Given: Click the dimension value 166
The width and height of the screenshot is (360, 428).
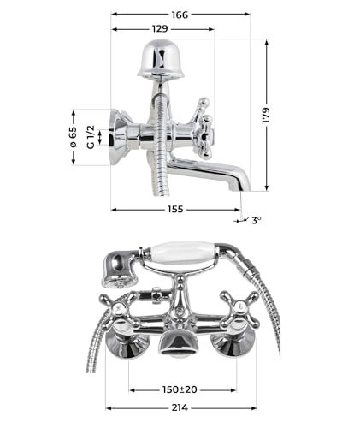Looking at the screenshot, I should pyautogui.click(x=180, y=15).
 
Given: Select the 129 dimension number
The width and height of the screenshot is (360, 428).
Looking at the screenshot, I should pyautogui.click(x=160, y=29).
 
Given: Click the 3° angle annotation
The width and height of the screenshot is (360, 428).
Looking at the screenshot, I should pyautogui.click(x=256, y=220).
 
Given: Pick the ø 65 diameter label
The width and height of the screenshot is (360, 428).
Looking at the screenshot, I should pyautogui.click(x=73, y=137).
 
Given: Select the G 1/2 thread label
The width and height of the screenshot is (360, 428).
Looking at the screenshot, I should pyautogui.click(x=91, y=137).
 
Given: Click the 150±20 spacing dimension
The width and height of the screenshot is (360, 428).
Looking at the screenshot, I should pyautogui.click(x=180, y=389).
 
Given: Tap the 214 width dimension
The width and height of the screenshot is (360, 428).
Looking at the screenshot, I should pyautogui.click(x=180, y=407).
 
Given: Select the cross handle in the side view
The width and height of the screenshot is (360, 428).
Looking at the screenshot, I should pyautogui.click(x=203, y=128).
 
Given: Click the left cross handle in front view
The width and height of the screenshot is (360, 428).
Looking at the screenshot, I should pyautogui.click(x=115, y=311).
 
